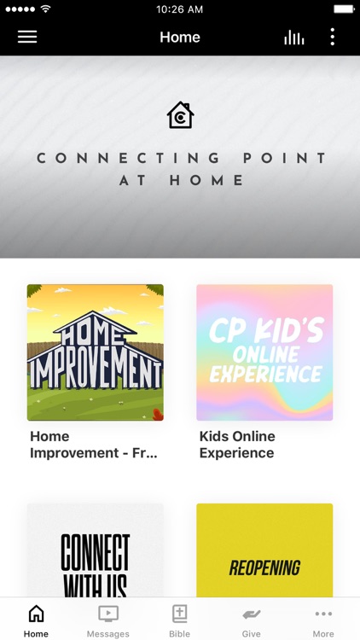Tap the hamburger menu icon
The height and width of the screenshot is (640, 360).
click(x=27, y=38)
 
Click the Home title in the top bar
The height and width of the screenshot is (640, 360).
click(x=180, y=38)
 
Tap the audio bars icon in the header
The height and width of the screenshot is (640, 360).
click(x=294, y=38)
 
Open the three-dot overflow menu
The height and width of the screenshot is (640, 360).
click(x=332, y=38)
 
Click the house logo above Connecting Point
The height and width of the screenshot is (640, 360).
click(x=180, y=115)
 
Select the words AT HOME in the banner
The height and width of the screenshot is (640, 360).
click(x=182, y=181)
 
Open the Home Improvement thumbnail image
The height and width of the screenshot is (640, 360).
click(x=96, y=352)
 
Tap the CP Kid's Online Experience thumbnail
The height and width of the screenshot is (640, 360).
click(x=264, y=352)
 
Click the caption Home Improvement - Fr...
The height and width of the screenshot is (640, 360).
click(x=94, y=445)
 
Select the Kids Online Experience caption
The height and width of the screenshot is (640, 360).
click(x=238, y=445)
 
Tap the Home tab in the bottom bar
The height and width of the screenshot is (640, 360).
click(x=36, y=620)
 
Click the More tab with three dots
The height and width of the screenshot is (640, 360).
click(x=323, y=620)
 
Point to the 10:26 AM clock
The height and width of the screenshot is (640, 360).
click(x=180, y=9)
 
